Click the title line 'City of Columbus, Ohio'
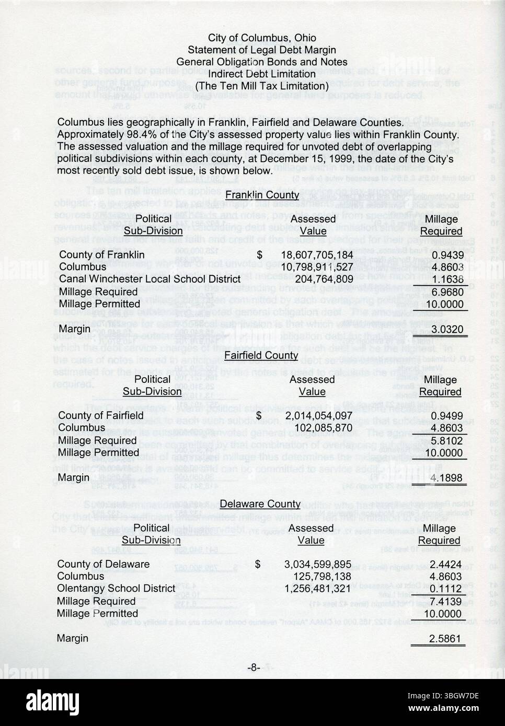click(x=261, y=38)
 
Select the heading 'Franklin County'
click(x=262, y=195)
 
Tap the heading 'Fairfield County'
click(x=261, y=356)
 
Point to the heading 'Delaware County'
click(x=260, y=504)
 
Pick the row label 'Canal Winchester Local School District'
click(x=150, y=279)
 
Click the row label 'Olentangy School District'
click(x=116, y=589)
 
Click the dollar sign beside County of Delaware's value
click(x=258, y=564)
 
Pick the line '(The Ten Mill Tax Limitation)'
click(x=261, y=86)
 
